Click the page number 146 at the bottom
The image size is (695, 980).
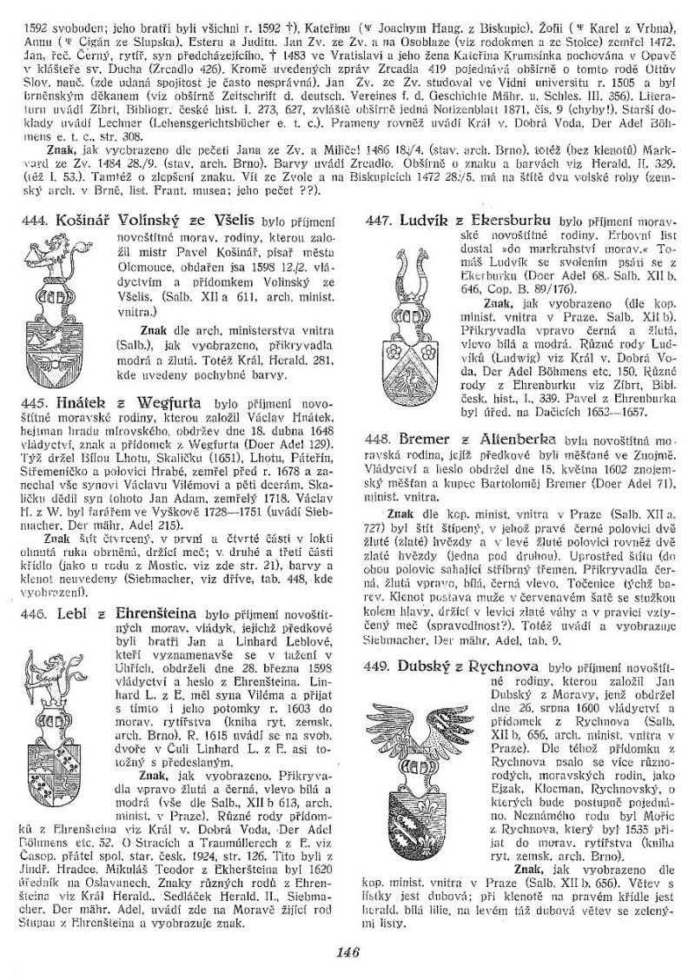(x=347, y=951)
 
